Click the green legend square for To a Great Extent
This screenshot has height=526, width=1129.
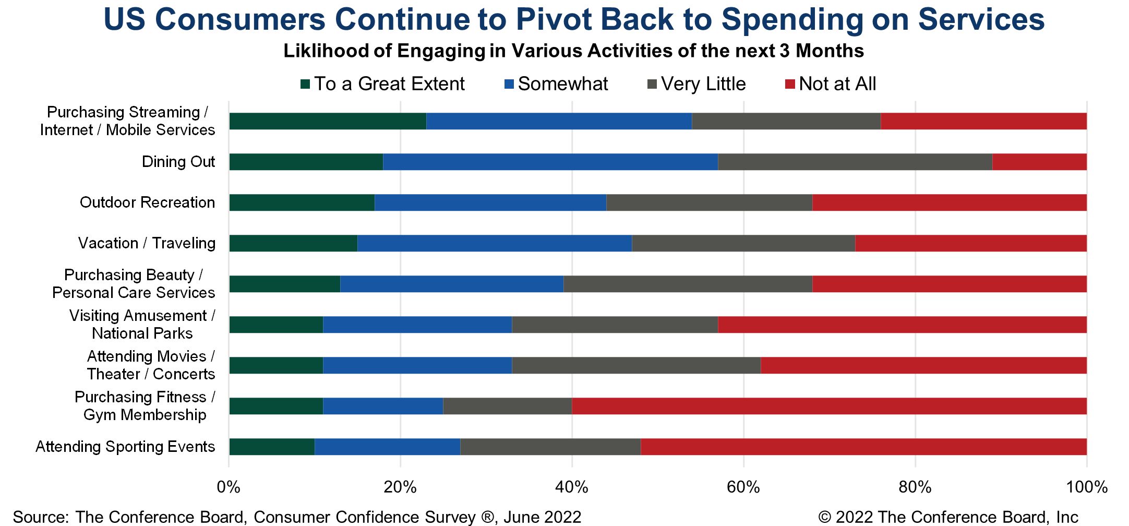click(x=305, y=84)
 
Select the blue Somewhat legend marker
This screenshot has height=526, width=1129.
click(x=509, y=84)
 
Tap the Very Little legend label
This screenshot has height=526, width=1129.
click(x=703, y=84)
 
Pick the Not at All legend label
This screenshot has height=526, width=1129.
click(x=837, y=84)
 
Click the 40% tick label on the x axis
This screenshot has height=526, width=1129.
click(x=572, y=487)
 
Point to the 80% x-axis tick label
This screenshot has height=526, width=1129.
click(x=915, y=487)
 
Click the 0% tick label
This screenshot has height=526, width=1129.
click(x=229, y=487)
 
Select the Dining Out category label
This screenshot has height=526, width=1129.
click(x=178, y=162)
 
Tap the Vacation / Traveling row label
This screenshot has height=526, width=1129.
click(x=147, y=243)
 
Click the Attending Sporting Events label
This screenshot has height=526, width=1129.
click(x=125, y=447)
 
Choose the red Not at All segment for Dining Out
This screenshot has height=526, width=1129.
click(x=1039, y=162)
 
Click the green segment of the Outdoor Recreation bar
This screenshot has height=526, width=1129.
click(x=302, y=202)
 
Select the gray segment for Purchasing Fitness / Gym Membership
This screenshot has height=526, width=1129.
click(x=507, y=406)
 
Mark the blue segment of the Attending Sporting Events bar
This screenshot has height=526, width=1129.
click(x=387, y=447)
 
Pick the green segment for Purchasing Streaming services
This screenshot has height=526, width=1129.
click(x=328, y=121)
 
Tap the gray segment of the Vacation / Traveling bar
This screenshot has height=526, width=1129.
click(x=743, y=243)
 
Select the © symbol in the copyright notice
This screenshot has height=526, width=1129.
click(x=824, y=517)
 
